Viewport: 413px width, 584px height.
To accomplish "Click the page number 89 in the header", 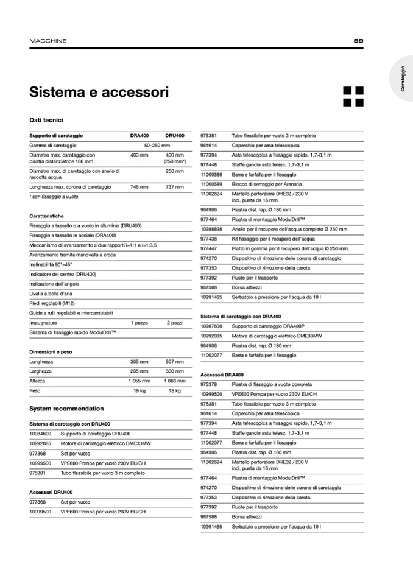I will point(358,41).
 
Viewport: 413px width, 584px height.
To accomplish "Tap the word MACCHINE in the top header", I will point(48,41).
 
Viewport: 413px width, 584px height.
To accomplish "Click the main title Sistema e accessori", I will point(99,93).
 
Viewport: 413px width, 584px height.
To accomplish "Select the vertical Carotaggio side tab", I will point(403,79).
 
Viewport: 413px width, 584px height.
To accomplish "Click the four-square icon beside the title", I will point(353,96).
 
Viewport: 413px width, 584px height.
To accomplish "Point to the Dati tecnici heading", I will point(46,121).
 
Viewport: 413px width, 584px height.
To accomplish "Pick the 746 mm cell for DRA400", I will point(139,187).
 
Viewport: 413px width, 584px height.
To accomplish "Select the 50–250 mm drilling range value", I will point(157,146).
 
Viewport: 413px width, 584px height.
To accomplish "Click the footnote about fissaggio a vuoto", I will point(54,197).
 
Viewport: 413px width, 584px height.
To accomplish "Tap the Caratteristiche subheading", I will point(46,216).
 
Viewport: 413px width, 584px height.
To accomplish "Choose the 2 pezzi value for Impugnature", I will point(175,323).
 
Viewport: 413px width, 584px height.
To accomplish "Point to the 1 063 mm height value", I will point(175,381).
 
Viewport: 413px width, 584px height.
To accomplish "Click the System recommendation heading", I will point(66,409).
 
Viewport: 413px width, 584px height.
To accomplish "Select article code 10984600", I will point(40,434).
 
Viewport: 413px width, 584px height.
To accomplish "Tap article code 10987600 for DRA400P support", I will point(211,326).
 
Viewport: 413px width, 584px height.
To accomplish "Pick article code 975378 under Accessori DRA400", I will point(209,385).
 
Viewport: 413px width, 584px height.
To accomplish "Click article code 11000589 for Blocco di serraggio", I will point(211,184).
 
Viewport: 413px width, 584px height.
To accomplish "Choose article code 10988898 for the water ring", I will point(211,229).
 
